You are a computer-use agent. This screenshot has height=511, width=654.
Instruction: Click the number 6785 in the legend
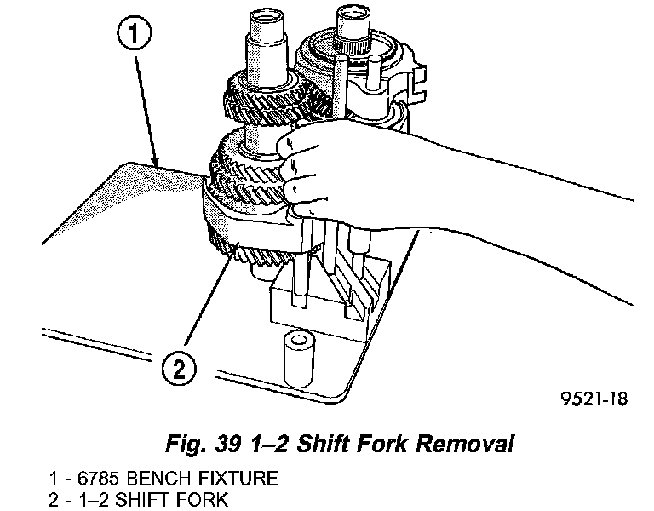coord(95,479)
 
